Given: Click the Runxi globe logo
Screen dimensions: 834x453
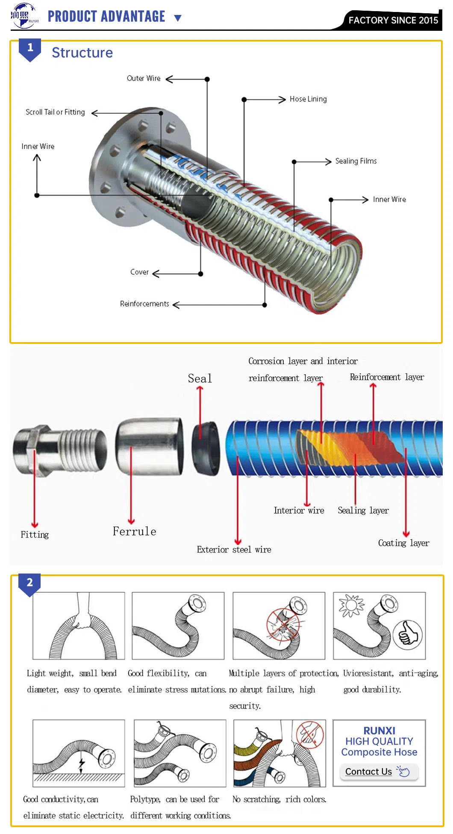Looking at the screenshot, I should pyautogui.click(x=24, y=16).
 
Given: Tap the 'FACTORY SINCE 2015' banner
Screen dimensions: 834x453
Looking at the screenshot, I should pyautogui.click(x=393, y=20).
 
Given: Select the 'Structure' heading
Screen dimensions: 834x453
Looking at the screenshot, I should pyautogui.click(x=82, y=53).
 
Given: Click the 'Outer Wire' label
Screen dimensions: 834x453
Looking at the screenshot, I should pyautogui.click(x=144, y=78).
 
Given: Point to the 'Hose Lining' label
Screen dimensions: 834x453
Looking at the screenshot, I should pyautogui.click(x=308, y=99).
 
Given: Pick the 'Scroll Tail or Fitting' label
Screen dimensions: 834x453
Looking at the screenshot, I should pyautogui.click(x=55, y=112).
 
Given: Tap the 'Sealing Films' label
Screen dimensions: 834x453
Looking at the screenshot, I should pyautogui.click(x=356, y=161).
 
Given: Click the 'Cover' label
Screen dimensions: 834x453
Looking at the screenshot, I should pyautogui.click(x=139, y=272).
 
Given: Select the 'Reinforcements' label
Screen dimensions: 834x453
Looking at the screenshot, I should pyautogui.click(x=144, y=304).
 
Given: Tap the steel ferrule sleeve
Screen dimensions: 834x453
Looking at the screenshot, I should pyautogui.click(x=150, y=446).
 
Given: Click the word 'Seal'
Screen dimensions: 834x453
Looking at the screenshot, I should pyautogui.click(x=200, y=379).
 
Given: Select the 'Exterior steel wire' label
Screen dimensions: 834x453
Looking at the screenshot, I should pyautogui.click(x=234, y=550).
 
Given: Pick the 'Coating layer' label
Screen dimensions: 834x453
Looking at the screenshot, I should pyautogui.click(x=403, y=543).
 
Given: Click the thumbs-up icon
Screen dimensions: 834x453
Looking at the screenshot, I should pyautogui.click(x=408, y=635).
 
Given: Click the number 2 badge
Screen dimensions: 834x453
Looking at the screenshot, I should pyautogui.click(x=29, y=583).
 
